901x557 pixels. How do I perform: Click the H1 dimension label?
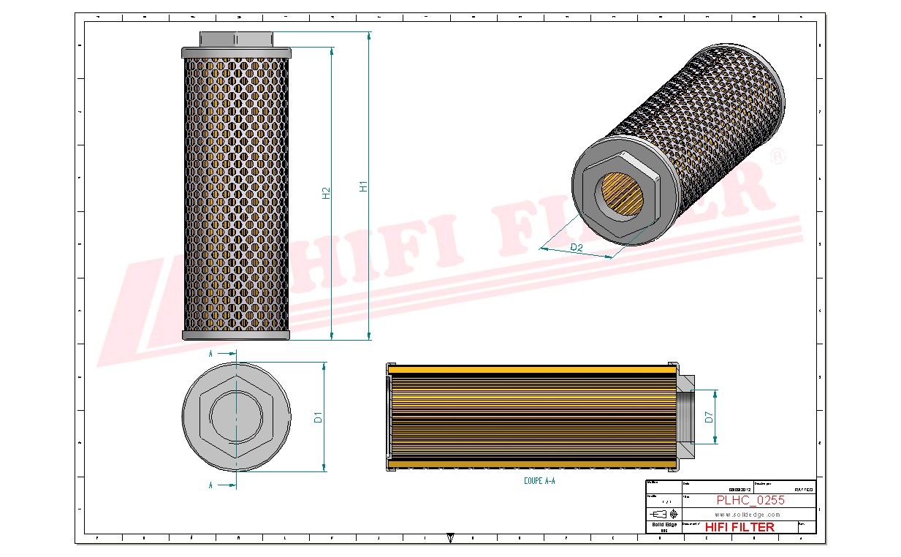(363, 186)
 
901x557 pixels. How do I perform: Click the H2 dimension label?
(327, 193)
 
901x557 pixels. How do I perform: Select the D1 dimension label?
(318, 417)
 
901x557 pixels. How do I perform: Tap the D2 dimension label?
(577, 248)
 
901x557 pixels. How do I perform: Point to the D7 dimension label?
(709, 417)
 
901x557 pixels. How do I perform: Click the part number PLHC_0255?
(750, 501)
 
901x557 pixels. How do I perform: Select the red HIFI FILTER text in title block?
(740, 527)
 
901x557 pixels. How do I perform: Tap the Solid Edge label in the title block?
(664, 525)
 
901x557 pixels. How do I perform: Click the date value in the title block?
(739, 490)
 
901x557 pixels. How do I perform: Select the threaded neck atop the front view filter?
(235, 38)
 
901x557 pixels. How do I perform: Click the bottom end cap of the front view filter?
(235, 335)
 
